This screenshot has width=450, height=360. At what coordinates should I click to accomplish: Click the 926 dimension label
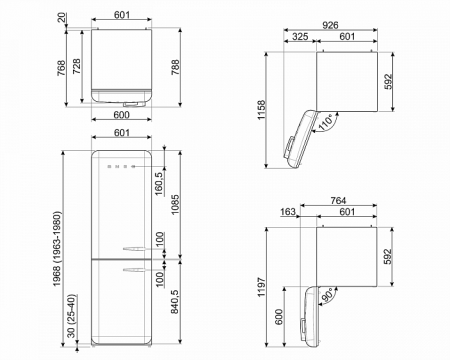tap(330, 25)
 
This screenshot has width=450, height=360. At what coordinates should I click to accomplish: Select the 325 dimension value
tap(300, 36)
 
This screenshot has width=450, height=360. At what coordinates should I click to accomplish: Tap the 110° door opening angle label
tap(326, 122)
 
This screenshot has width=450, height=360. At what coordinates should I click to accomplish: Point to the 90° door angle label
tap(328, 294)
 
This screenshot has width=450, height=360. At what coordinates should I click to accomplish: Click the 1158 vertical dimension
tap(261, 110)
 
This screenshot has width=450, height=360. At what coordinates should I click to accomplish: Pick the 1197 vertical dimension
tap(261, 287)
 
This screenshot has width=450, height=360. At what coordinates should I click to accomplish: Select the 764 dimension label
tap(338, 201)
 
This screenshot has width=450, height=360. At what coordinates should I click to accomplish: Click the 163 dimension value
tap(287, 212)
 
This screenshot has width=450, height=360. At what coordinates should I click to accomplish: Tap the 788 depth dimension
tap(175, 67)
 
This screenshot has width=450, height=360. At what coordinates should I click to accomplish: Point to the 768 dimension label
tap(61, 68)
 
